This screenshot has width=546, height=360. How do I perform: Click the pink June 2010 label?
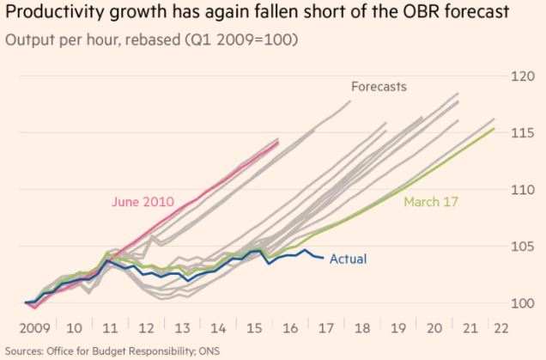coord(143,202)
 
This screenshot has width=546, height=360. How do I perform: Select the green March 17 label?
coord(431,202)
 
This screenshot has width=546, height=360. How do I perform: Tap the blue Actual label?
coord(350,258)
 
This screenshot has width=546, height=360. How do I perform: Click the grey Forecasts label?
coord(379,86)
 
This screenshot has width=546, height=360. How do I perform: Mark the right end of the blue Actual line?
coord(324,258)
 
